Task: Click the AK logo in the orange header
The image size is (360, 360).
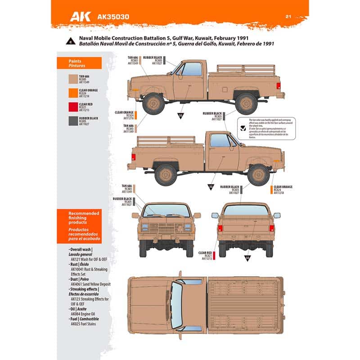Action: point(81,17)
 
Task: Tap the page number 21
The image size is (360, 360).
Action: point(289,17)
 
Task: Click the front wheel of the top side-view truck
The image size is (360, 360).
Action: point(153,103)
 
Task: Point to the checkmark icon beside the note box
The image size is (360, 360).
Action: point(243,121)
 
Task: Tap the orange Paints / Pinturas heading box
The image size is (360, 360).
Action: point(79,63)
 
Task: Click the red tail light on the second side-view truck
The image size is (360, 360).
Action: point(134,157)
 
